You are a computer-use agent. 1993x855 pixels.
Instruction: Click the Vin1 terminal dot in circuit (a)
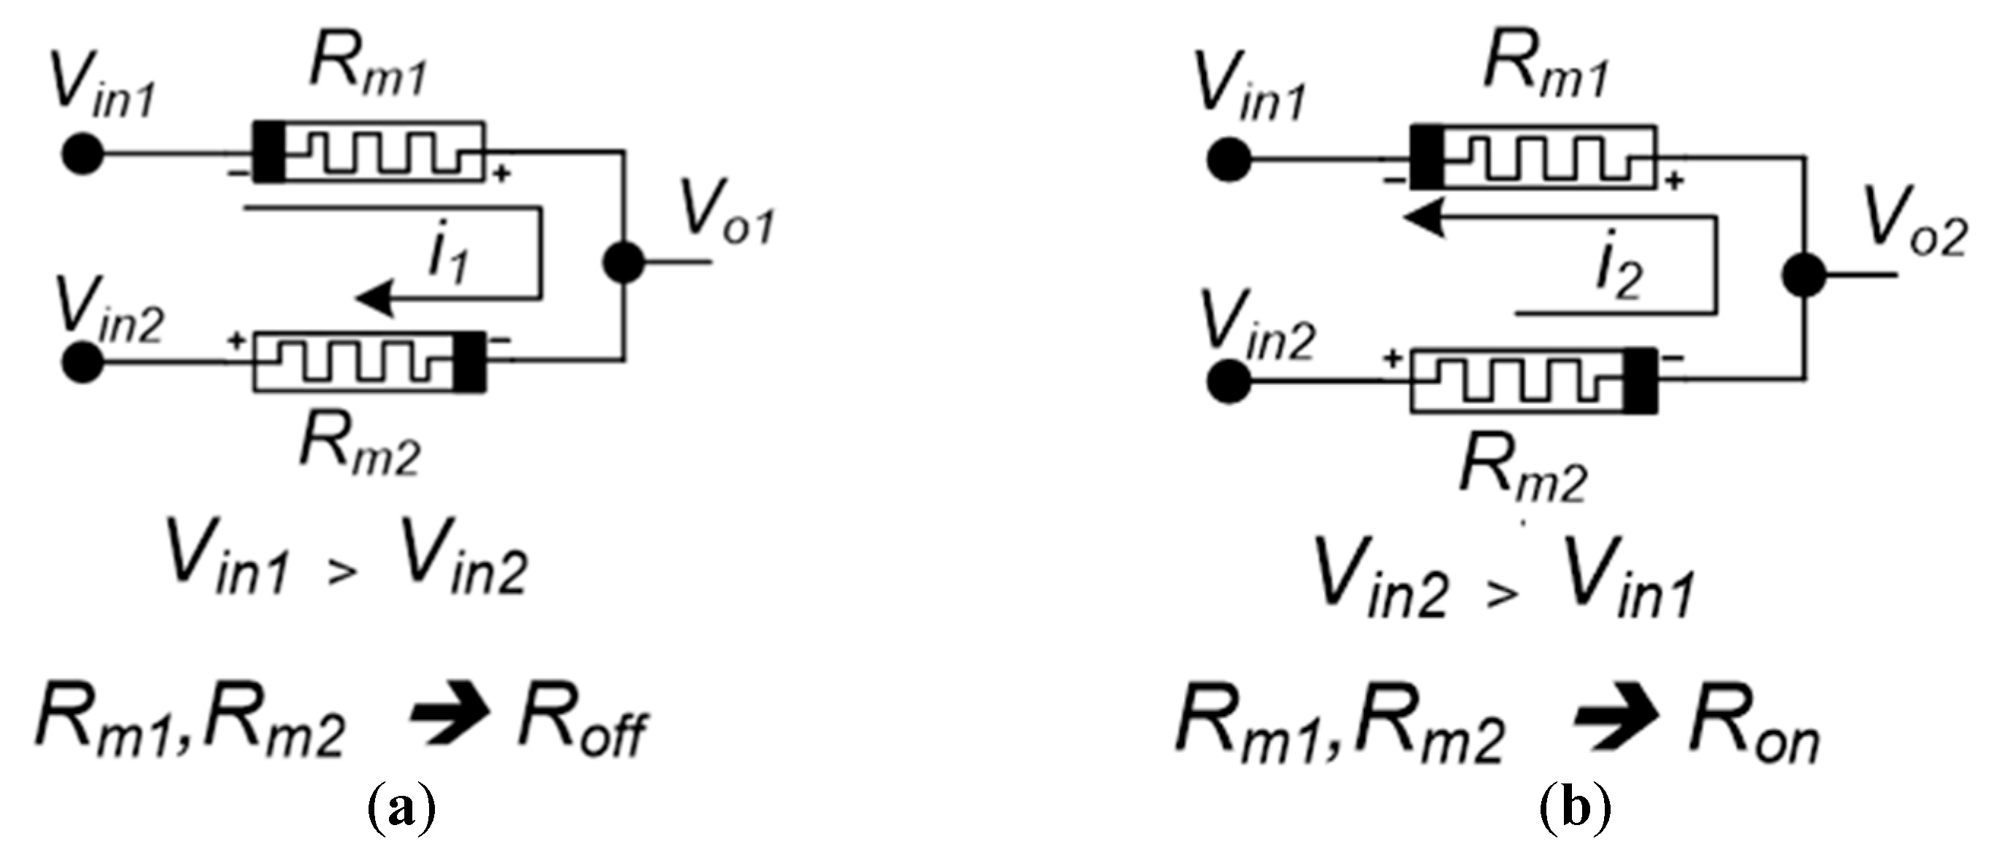click(x=82, y=155)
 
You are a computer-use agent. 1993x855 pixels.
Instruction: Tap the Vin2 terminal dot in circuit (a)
click(x=82, y=361)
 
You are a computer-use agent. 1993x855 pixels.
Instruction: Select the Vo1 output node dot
click(x=622, y=263)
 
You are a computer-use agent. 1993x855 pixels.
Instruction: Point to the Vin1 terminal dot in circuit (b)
click(x=1229, y=161)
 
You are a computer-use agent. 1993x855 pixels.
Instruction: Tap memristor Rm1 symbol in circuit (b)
click(x=1532, y=157)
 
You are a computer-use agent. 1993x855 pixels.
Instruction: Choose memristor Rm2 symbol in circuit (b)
click(x=1532, y=380)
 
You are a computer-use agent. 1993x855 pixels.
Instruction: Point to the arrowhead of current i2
click(x=1424, y=218)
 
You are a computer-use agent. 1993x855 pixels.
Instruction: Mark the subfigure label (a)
click(x=400, y=811)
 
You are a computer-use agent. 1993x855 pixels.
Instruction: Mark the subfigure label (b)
click(x=1576, y=811)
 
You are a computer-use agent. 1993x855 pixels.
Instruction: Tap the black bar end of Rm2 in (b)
click(x=1640, y=380)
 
